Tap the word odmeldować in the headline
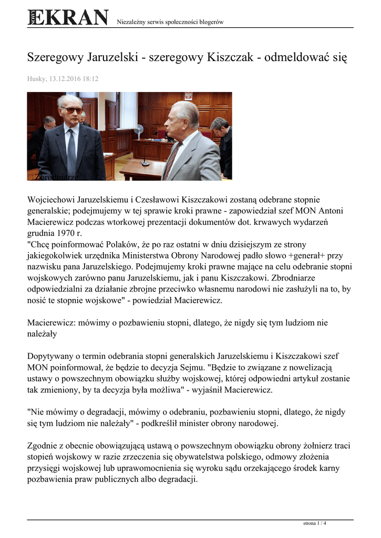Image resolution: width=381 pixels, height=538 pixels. (297, 57)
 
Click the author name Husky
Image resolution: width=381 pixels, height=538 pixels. (36, 79)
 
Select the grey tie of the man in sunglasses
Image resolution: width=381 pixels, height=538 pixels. (71, 152)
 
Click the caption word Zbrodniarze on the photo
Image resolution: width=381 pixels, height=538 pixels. (56, 177)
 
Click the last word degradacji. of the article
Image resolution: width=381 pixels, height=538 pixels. (175, 480)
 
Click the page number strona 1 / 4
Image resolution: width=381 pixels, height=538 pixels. (315, 524)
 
